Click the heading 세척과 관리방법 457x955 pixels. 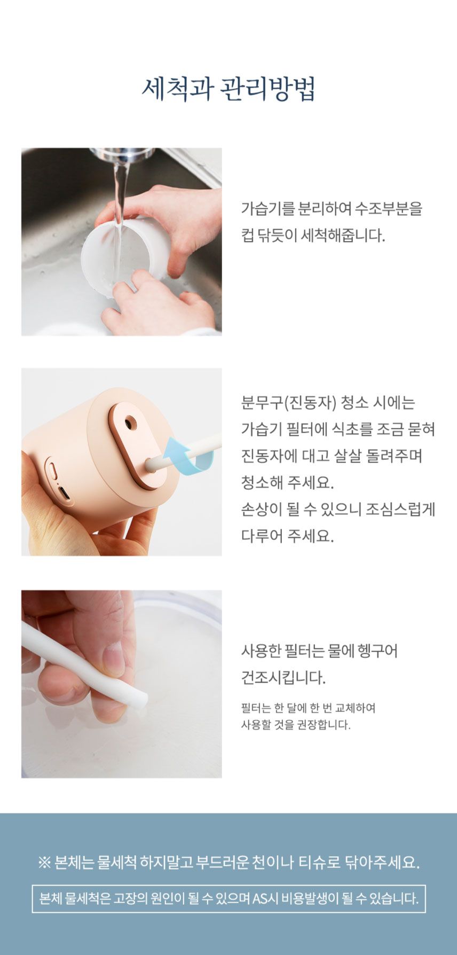(x=228, y=88)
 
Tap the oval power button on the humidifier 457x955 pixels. (x=52, y=471)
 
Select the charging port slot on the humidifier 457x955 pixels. (x=64, y=495)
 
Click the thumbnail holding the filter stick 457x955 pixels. (x=113, y=655)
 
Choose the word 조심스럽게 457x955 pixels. (x=400, y=510)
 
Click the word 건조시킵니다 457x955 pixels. (x=283, y=678)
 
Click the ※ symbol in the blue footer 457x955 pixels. (x=44, y=862)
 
